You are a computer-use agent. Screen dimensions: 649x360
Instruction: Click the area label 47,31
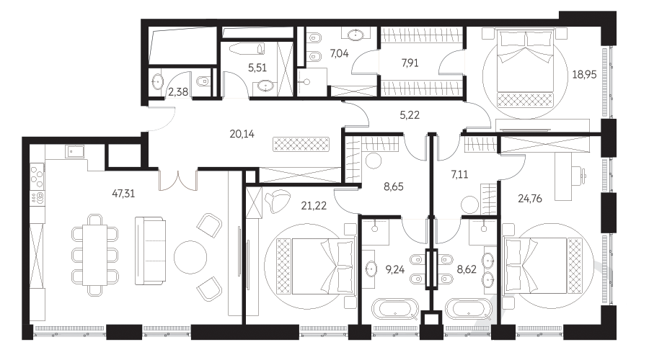pos(123,193)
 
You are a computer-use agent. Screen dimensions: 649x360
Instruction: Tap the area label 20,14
pos(242,134)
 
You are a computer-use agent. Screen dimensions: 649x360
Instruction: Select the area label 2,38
pos(178,91)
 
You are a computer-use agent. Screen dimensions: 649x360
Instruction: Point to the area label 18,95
pos(584,74)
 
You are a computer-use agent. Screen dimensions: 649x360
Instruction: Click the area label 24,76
pos(530,199)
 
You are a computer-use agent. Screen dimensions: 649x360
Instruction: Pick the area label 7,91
pos(410,63)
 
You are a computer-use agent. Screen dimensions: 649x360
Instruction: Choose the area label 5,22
pos(410,115)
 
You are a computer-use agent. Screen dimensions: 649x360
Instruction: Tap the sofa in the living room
pos(150,251)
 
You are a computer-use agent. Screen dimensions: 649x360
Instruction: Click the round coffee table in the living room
pos(190,257)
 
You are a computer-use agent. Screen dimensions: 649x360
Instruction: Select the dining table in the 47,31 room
pos(94,255)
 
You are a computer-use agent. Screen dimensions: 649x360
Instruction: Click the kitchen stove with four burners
pos(37,176)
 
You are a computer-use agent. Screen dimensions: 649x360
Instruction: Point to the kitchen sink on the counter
pos(74,151)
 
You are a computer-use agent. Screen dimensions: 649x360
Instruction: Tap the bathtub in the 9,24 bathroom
pos(395,310)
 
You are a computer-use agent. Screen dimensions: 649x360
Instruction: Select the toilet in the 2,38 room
pos(203,81)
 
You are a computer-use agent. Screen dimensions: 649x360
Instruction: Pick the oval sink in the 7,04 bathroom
pos(356,35)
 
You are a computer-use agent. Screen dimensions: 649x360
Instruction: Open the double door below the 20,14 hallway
pos(178,180)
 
